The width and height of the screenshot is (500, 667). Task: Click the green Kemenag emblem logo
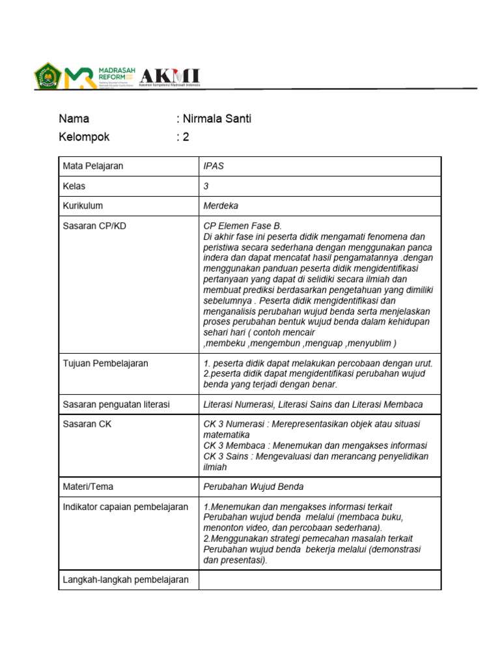click(47, 76)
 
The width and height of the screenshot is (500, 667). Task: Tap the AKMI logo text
click(170, 76)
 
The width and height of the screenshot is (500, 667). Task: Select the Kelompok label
click(84, 137)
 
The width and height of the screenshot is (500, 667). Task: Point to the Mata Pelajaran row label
click(92, 166)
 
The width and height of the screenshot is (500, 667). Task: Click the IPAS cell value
click(214, 166)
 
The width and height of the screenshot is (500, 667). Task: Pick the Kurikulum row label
click(83, 206)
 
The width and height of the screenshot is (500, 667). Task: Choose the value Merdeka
click(221, 206)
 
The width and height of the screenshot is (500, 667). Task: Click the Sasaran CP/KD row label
click(94, 226)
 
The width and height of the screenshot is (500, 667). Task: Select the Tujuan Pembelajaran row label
click(105, 363)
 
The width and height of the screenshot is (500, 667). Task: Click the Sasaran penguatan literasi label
click(116, 404)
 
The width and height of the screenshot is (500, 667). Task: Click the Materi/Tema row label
click(88, 487)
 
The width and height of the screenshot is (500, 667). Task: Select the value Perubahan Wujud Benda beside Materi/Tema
click(253, 487)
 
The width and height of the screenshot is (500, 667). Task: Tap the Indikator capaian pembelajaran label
click(125, 507)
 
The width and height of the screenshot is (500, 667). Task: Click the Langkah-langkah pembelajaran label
click(126, 580)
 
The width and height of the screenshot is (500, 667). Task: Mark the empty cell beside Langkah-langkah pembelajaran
click(320, 580)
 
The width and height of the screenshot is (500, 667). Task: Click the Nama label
click(74, 119)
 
